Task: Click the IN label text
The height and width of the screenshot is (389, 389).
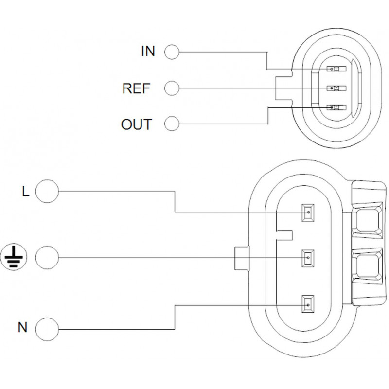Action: click(x=148, y=51)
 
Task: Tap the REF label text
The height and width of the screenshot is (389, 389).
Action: click(x=136, y=88)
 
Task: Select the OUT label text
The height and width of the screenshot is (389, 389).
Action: click(x=136, y=124)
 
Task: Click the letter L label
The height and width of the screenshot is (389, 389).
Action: click(x=25, y=191)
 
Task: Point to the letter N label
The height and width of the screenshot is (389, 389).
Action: click(x=22, y=327)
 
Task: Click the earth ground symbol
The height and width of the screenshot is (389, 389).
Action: click(x=15, y=256)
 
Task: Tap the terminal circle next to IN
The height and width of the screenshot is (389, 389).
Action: click(x=172, y=51)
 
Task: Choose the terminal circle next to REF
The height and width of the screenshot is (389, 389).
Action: click(x=172, y=88)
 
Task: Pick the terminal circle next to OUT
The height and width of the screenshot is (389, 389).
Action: click(x=172, y=124)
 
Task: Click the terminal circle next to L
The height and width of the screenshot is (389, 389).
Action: click(x=48, y=191)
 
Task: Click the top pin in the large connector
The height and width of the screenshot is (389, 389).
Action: click(x=307, y=212)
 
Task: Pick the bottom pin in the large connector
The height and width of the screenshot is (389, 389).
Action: click(x=307, y=304)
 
